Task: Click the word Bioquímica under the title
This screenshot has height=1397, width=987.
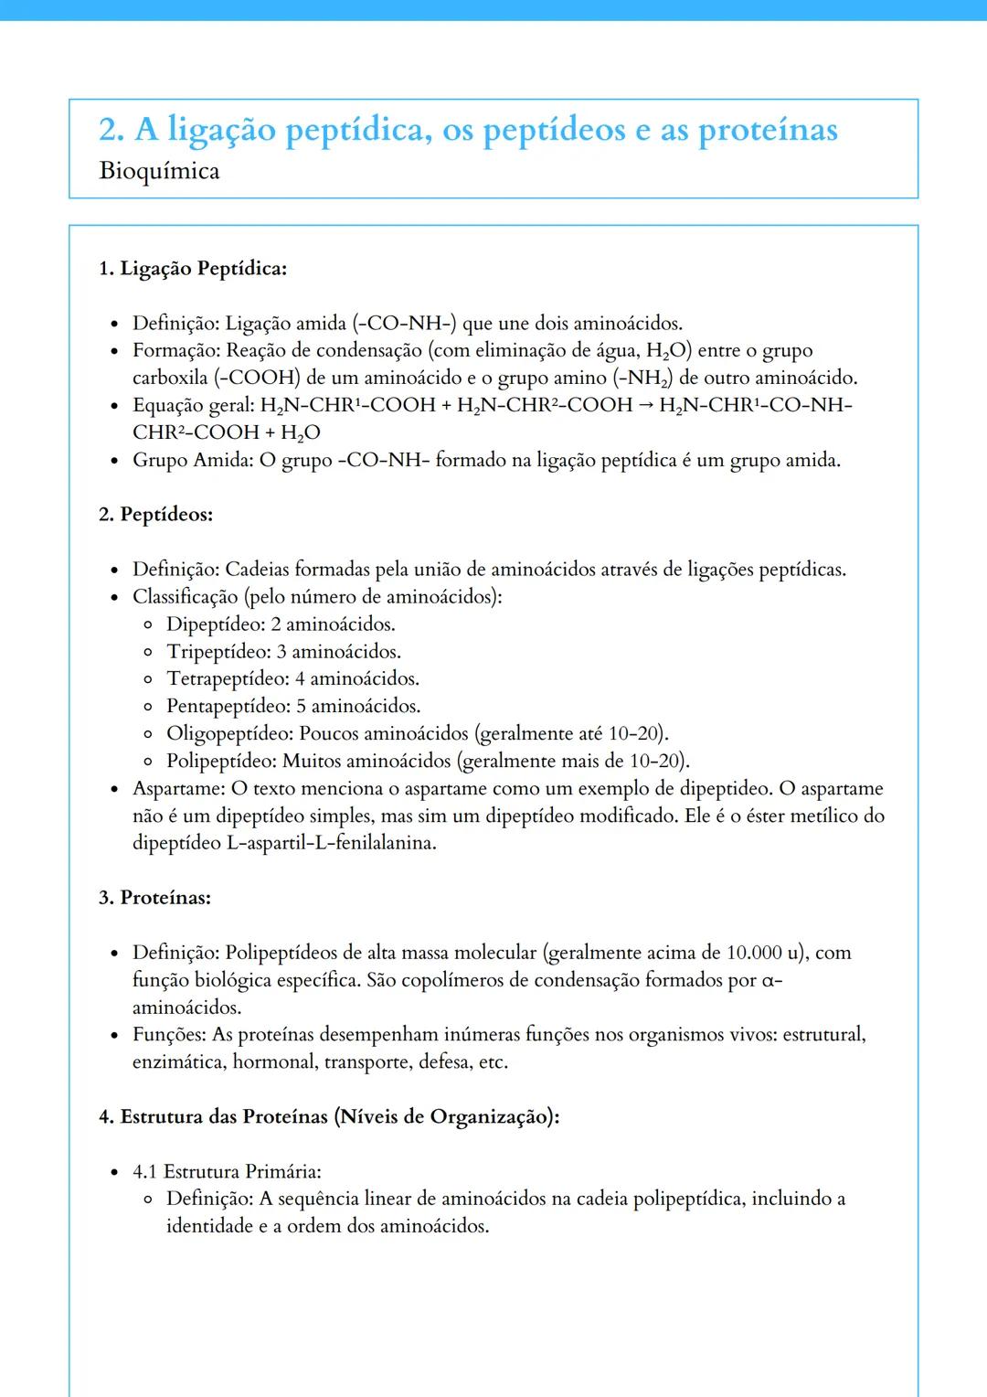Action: (x=159, y=171)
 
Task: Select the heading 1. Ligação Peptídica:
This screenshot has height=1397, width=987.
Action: (x=193, y=269)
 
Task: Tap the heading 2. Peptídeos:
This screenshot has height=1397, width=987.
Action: (x=155, y=515)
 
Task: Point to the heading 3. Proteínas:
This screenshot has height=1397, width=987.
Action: (x=154, y=898)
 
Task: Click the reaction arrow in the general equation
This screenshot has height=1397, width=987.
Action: (x=645, y=405)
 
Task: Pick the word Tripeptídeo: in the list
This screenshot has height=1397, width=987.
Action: (x=218, y=652)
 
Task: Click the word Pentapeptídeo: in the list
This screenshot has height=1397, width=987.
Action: (x=228, y=707)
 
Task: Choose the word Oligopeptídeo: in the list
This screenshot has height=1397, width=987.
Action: (x=229, y=734)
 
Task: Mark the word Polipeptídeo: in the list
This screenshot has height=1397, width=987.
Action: (x=221, y=762)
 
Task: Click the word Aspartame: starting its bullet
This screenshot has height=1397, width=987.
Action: (x=179, y=788)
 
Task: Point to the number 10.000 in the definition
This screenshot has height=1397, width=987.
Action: (x=754, y=953)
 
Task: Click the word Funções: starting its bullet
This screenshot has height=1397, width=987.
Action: (x=170, y=1035)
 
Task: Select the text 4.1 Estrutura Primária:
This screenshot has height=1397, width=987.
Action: (x=227, y=1172)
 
